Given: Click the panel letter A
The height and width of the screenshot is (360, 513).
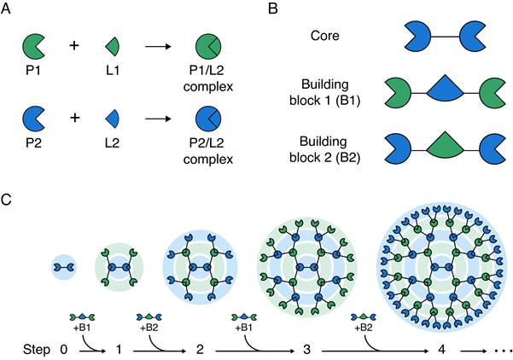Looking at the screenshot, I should [x=8, y=9].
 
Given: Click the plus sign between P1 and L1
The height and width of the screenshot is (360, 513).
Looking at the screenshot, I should [x=73, y=44].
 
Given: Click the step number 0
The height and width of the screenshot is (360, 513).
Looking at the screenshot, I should [x=63, y=349].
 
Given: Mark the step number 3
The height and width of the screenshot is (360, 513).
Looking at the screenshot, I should [x=306, y=349].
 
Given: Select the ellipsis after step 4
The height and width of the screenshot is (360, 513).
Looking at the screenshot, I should [x=501, y=349].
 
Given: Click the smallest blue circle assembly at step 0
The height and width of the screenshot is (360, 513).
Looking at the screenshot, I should [x=64, y=267].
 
